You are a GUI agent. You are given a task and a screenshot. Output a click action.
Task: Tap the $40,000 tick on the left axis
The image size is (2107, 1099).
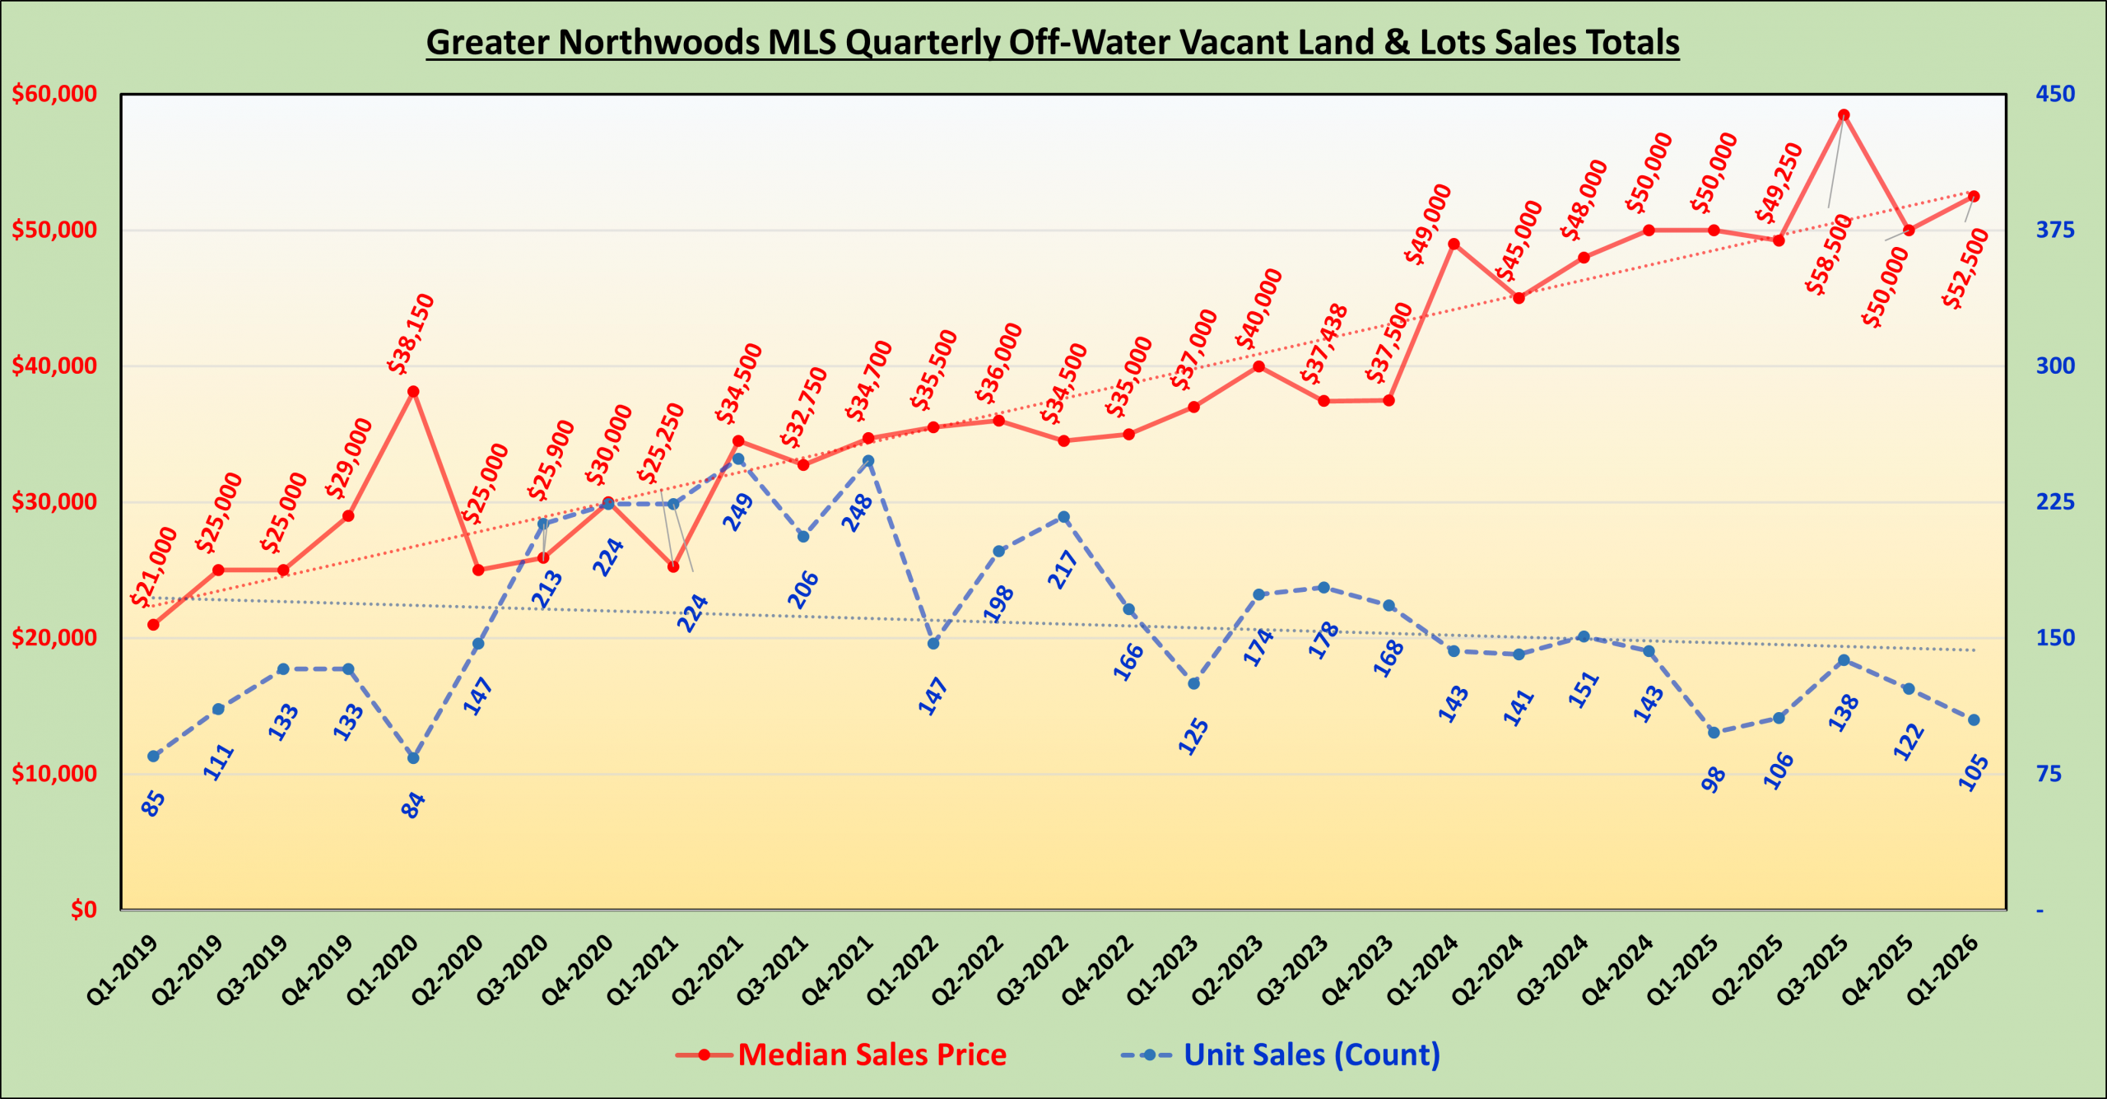[x=54, y=366]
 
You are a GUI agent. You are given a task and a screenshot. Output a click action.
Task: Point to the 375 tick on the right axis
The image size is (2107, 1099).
[x=2055, y=230]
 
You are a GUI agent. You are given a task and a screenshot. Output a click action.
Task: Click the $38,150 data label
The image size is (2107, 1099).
[x=411, y=333]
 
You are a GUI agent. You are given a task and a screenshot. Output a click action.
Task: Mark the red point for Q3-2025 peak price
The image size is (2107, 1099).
[x=1844, y=115]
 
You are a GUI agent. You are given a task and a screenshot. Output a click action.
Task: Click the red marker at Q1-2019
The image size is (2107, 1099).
[x=153, y=625]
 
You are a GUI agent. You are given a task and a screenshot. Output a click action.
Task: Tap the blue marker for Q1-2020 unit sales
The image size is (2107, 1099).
[x=413, y=758]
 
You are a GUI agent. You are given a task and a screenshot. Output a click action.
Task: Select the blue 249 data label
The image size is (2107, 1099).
[x=738, y=511]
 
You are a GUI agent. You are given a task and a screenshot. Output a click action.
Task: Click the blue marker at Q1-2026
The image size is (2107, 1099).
[x=1974, y=720]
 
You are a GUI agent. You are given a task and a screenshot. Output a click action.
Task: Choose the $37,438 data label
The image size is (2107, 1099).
[x=1324, y=344]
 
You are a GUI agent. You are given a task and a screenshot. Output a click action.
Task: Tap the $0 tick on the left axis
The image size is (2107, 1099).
[x=83, y=910]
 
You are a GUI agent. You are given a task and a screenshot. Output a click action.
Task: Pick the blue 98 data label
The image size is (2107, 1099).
[x=1714, y=779]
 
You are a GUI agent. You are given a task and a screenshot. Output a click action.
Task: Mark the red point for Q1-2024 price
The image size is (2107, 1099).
[x=1454, y=244]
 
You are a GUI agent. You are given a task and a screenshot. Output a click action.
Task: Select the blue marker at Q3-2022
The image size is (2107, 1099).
[x=1063, y=517]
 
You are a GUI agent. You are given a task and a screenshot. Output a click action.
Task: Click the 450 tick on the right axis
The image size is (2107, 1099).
[x=2055, y=94]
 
